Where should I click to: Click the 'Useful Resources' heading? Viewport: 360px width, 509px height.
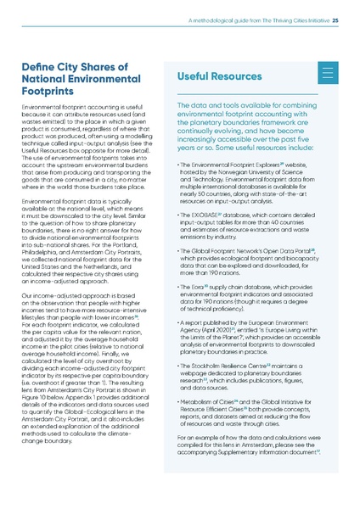click(222, 76)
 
